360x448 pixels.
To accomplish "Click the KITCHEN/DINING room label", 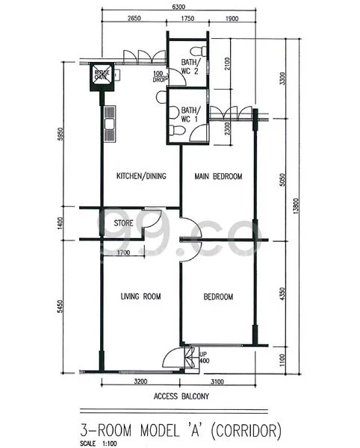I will (140, 177).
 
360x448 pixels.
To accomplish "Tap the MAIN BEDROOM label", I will (218, 177).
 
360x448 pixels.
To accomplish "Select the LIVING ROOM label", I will (141, 297).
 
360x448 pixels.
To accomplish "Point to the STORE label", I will (123, 223).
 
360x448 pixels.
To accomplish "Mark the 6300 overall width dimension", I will (179, 7).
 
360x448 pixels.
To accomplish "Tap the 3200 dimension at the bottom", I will (140, 382).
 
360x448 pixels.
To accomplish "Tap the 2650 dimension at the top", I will (134, 18).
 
